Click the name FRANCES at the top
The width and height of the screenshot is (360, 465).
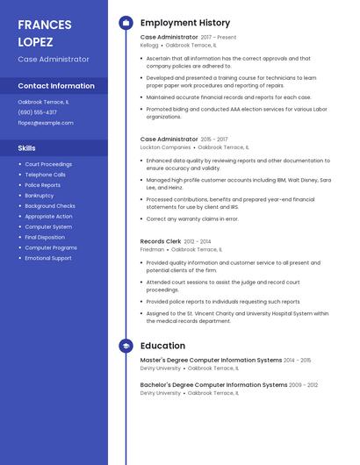point(45,25)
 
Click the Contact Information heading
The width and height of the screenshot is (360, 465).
point(56,86)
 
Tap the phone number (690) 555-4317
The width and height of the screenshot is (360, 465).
point(37,112)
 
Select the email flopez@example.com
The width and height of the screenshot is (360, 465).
point(43,124)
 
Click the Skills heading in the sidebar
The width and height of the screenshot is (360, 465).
point(27,148)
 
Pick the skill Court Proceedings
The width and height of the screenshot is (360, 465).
point(48,164)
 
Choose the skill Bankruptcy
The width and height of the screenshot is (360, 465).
point(39,196)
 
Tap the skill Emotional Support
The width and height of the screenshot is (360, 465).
point(48,258)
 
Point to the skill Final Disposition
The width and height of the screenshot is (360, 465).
point(45,237)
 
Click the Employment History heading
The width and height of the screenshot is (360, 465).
point(185,23)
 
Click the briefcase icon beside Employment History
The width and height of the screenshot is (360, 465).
point(126,23)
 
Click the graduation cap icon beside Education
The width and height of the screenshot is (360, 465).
point(126,346)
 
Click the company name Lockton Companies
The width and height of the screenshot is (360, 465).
point(165,147)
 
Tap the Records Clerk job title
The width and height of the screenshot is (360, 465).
point(161,241)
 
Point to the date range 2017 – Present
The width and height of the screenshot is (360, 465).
point(219,37)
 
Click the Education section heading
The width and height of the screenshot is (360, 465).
point(162,346)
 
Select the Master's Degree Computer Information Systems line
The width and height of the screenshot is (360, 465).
point(211,360)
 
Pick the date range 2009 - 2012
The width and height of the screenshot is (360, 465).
point(304,385)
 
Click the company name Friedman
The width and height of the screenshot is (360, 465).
point(152,249)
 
